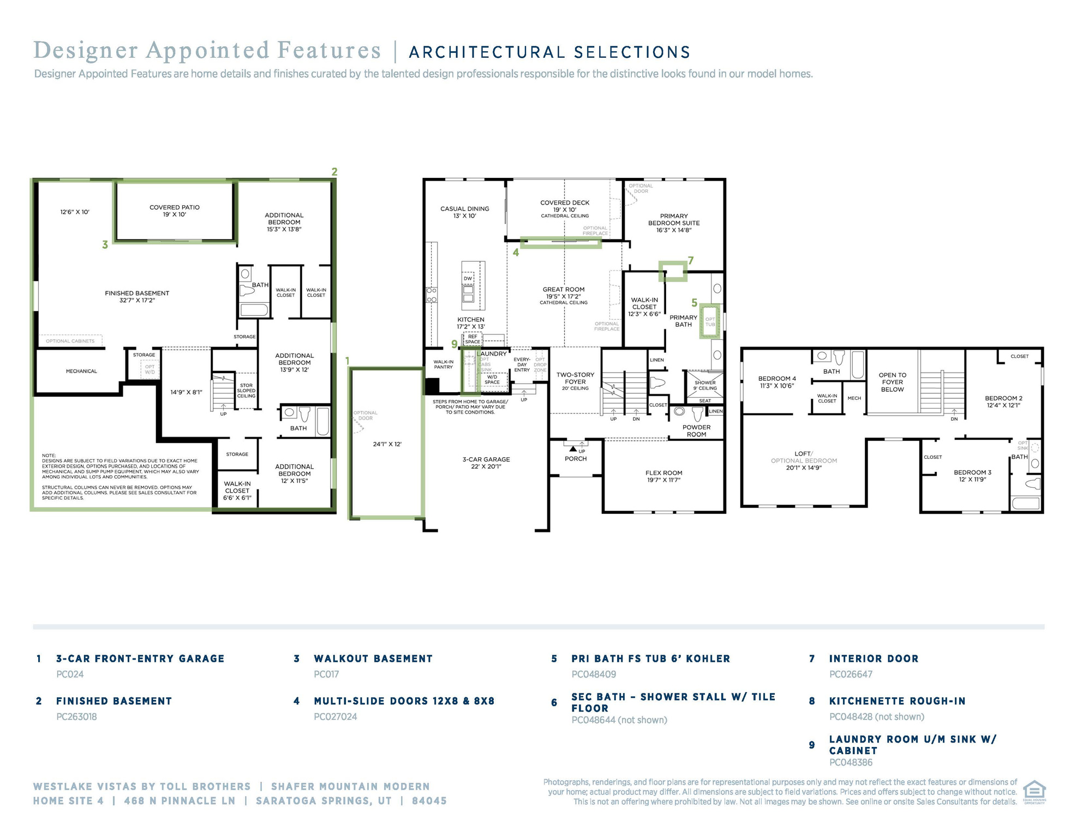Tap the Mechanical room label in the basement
(x=81, y=371)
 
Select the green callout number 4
(x=516, y=253)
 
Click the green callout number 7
(x=691, y=260)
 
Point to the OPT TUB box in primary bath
(x=710, y=321)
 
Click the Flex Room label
(x=663, y=473)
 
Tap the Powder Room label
(x=696, y=431)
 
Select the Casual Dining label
(x=464, y=208)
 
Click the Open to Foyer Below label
(x=892, y=382)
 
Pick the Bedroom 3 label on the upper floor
(x=972, y=472)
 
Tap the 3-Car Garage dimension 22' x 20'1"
(x=486, y=466)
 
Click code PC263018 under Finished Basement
(x=76, y=716)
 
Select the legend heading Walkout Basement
(x=373, y=659)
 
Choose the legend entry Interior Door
(x=873, y=659)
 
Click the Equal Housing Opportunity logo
(x=1034, y=791)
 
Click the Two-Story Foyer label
(x=575, y=378)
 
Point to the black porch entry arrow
(x=573, y=448)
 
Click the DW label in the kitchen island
(x=468, y=278)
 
